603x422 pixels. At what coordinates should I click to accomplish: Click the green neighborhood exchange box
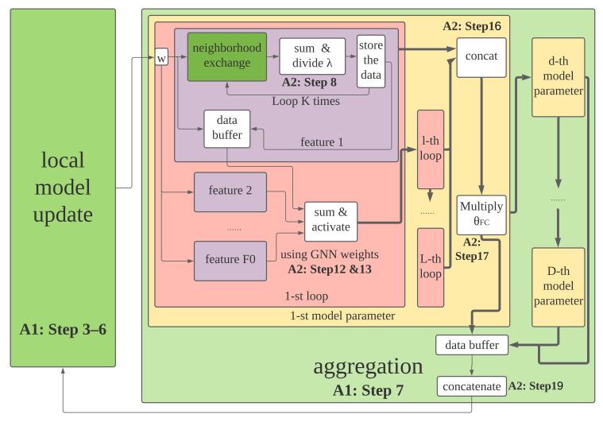[226, 56]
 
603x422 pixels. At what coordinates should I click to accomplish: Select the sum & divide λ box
[312, 56]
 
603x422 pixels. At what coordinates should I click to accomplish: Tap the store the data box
[370, 60]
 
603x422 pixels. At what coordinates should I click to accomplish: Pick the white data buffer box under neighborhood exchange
[226, 129]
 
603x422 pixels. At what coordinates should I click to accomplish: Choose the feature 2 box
[230, 191]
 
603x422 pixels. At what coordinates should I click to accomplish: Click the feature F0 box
[230, 261]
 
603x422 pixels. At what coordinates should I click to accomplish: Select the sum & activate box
[331, 220]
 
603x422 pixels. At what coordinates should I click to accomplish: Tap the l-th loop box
[431, 149]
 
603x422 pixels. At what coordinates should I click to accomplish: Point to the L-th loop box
[431, 266]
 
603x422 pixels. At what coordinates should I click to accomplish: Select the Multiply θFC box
[481, 214]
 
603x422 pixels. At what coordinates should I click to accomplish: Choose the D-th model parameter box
[558, 287]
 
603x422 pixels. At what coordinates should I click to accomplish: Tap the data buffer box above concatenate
[471, 345]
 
